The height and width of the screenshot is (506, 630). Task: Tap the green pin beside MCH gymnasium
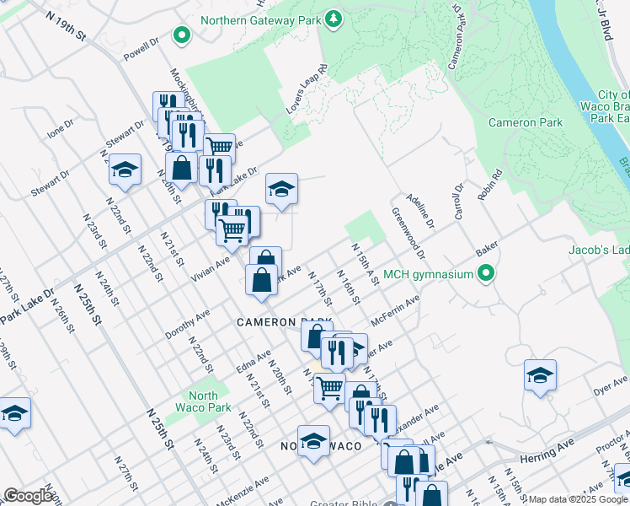[x=485, y=273]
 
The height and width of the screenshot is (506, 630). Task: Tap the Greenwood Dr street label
[x=408, y=234]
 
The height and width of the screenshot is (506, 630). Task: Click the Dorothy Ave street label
[x=187, y=324]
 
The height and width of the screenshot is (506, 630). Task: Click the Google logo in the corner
[x=28, y=496]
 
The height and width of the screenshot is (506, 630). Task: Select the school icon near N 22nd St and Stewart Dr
[x=125, y=170]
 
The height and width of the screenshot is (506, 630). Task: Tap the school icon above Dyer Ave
[x=539, y=375]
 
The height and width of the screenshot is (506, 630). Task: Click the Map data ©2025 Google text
[x=577, y=499]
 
